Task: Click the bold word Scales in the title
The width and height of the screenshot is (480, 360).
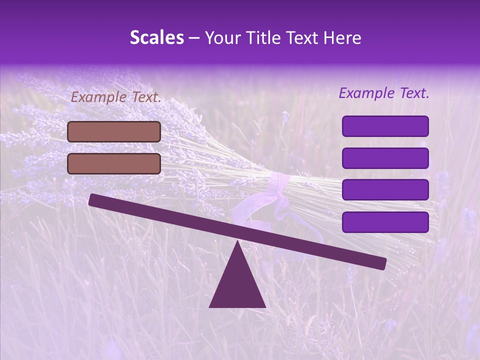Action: (156, 37)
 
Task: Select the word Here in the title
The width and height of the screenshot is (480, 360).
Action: (342, 37)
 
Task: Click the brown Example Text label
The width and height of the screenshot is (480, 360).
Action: (116, 97)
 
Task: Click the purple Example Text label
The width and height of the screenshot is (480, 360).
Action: (384, 93)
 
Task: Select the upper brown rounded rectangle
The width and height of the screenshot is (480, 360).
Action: (114, 131)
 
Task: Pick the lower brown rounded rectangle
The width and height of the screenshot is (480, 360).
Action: (114, 163)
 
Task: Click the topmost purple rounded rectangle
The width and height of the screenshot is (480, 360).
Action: (385, 126)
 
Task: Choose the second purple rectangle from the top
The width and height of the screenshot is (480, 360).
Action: (385, 158)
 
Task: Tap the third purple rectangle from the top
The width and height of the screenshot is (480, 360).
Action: (385, 190)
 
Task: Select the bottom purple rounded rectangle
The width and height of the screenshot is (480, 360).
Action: (385, 222)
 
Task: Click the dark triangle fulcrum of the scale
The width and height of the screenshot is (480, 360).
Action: (237, 285)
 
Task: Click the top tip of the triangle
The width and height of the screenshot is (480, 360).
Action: (237, 243)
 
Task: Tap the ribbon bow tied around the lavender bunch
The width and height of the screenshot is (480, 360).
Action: (277, 192)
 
